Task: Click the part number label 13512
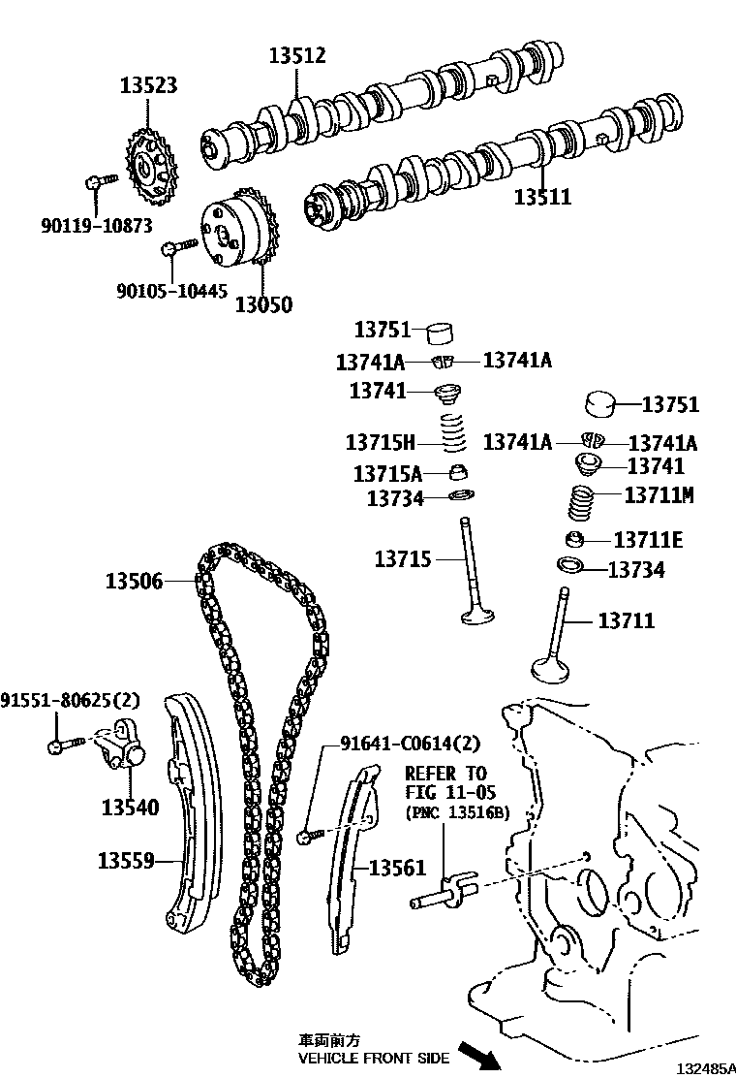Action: click(297, 56)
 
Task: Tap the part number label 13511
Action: click(542, 198)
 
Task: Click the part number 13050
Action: click(263, 304)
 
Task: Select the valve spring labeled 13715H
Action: click(453, 433)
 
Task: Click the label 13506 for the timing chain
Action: click(135, 581)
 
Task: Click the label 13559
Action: click(126, 860)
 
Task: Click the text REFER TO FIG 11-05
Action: click(445, 784)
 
